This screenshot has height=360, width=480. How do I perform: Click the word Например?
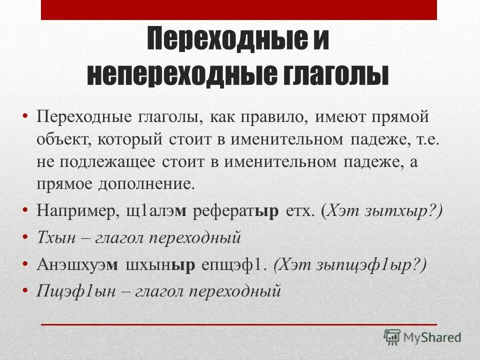[x=74, y=210]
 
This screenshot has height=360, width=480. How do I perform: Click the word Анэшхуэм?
[x=77, y=264]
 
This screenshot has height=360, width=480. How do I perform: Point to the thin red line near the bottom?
[x=239, y=324]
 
